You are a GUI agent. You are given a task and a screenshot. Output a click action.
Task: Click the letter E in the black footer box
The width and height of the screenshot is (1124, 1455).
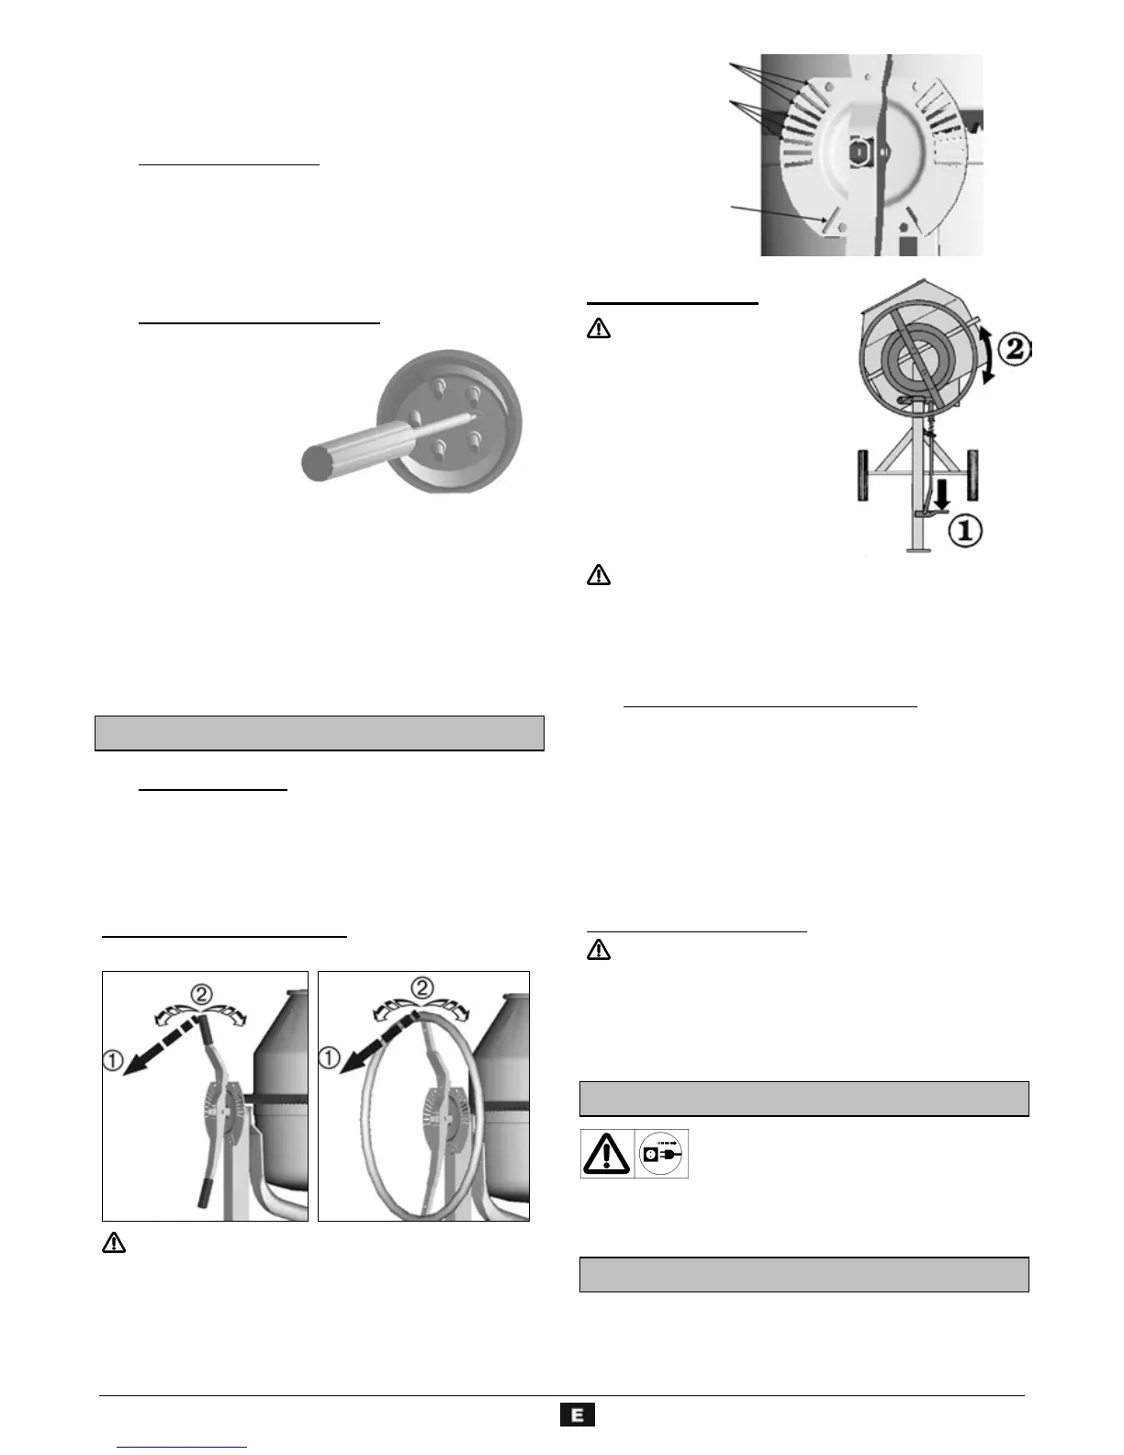click(578, 1415)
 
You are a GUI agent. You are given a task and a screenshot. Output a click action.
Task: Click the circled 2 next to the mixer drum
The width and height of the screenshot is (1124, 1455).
click(1014, 349)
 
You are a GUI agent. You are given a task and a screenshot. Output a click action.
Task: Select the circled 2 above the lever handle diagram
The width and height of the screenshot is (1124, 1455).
click(201, 994)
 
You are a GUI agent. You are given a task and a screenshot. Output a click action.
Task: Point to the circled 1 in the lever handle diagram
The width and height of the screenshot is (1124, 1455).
click(113, 1060)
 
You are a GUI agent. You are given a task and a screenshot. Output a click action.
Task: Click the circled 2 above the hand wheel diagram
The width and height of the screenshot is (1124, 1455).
click(421, 988)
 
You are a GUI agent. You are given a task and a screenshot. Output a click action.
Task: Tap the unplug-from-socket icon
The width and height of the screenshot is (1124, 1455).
click(661, 1154)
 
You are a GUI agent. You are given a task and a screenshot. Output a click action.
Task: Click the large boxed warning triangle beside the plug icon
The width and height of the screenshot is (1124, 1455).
click(606, 1154)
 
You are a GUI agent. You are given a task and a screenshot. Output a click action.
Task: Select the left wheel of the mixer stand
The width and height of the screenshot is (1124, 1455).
click(863, 475)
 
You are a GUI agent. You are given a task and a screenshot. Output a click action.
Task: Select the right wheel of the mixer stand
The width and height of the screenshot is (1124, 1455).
click(972, 475)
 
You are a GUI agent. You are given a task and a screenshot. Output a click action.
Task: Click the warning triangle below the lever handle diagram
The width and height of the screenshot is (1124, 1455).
click(113, 1244)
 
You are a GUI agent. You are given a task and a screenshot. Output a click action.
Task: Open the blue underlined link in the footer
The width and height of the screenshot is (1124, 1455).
click(183, 1446)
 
